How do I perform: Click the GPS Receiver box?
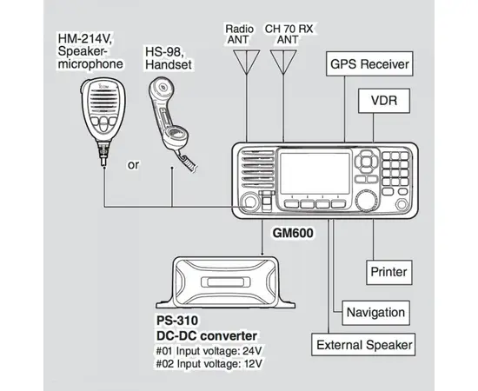368,64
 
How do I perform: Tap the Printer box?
388,271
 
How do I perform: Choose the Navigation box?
375,311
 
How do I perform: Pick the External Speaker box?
363,346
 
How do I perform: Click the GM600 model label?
293,233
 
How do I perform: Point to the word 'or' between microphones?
133,163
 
